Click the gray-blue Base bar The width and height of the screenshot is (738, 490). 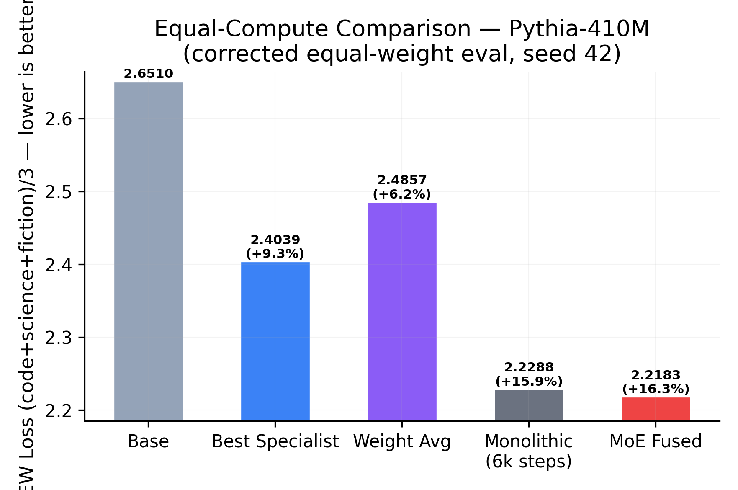click(x=148, y=251)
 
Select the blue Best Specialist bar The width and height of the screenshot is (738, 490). click(x=275, y=341)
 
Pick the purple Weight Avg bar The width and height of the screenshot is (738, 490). click(x=402, y=312)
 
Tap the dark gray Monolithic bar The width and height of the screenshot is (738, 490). click(x=529, y=405)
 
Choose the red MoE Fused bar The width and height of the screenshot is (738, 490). click(x=656, y=409)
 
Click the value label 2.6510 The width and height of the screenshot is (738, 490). click(x=148, y=74)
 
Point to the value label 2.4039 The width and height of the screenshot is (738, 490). click(x=275, y=240)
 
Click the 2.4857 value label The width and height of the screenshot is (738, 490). click(x=402, y=180)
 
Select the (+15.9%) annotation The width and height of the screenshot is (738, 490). click(x=529, y=382)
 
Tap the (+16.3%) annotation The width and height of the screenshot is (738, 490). click(x=656, y=389)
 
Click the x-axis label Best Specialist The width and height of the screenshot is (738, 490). click(x=275, y=441)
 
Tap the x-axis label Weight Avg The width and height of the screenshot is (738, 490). click(x=402, y=441)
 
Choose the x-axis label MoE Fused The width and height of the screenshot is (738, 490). click(x=656, y=441)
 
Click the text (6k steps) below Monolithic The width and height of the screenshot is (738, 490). click(x=529, y=462)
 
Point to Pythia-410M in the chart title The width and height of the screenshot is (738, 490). click(x=579, y=29)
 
